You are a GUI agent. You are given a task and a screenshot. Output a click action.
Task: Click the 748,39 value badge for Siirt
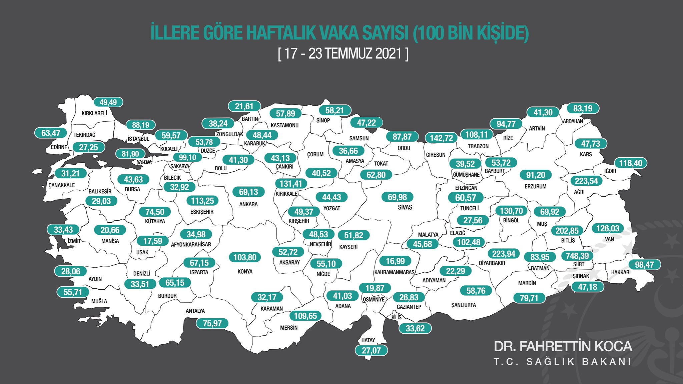(577, 256)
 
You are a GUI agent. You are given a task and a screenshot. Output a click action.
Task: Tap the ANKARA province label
(248, 204)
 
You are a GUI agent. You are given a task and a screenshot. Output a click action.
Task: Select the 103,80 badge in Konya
(245, 257)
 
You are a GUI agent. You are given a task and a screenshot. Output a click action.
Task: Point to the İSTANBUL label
(138, 139)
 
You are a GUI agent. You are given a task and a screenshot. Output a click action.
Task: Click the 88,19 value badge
(141, 125)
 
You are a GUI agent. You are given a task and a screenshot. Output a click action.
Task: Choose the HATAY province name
(368, 340)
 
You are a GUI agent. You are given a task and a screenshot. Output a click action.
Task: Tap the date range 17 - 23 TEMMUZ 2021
(343, 54)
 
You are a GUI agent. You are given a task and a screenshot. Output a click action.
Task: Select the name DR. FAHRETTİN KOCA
(563, 347)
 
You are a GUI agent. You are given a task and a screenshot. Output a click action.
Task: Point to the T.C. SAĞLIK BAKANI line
(562, 362)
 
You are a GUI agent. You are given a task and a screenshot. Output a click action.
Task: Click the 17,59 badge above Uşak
(153, 241)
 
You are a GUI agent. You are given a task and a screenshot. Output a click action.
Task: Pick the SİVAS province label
(405, 207)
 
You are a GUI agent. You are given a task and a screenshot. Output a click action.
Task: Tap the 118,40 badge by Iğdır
(631, 163)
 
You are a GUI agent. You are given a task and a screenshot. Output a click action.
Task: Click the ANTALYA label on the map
(195, 311)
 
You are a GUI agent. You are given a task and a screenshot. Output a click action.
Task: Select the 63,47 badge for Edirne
(51, 133)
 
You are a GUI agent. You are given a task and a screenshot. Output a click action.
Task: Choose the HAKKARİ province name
(621, 272)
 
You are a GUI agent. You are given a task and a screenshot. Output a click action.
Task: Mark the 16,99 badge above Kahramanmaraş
(395, 261)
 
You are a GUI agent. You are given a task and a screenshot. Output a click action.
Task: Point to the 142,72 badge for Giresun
(441, 138)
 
